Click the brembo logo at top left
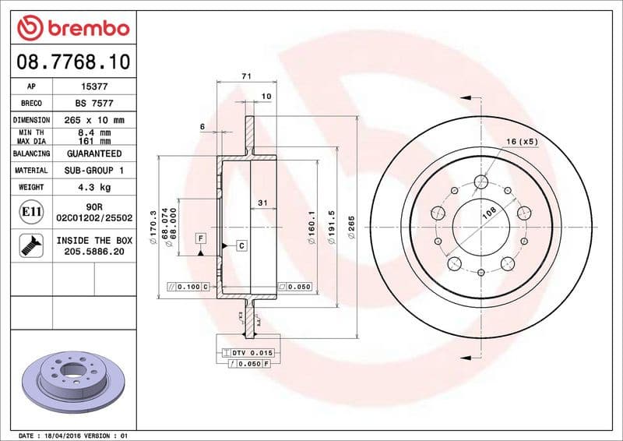[x=72, y=27]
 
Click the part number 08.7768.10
[x=72, y=60]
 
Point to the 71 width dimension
[x=246, y=76]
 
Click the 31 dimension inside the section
[x=262, y=203]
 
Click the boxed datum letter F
[x=200, y=237]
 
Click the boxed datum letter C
[x=241, y=245]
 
